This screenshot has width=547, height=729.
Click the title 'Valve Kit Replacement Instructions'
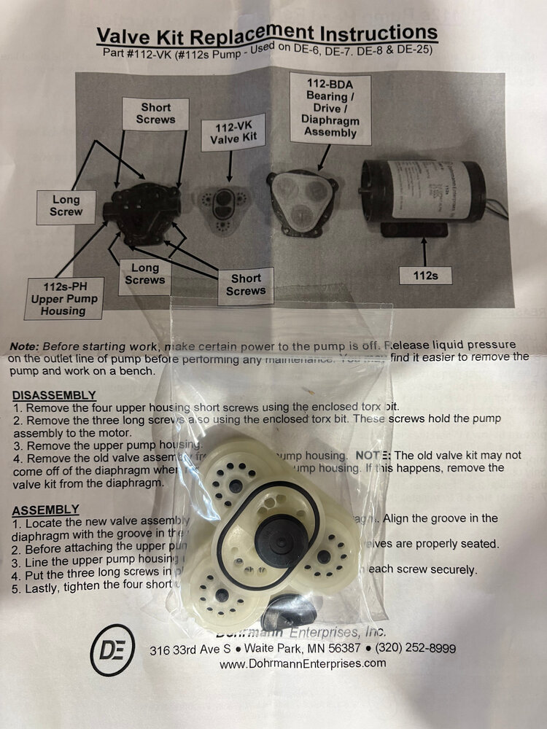tap(268, 34)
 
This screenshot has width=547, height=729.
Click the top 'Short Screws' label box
tap(156, 113)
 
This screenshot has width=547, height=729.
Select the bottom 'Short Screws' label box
tap(246, 284)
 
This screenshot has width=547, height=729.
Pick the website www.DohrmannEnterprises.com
tap(303, 663)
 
